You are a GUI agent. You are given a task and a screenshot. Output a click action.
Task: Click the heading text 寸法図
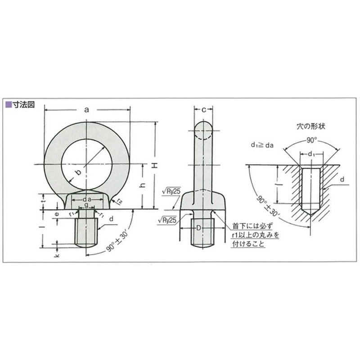click(x=23, y=104)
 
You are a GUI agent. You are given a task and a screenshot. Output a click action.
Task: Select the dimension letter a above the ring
click(x=87, y=109)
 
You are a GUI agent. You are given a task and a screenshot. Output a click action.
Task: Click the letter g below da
click(x=86, y=205)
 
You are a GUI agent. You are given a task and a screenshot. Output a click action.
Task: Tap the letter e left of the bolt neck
click(x=57, y=215)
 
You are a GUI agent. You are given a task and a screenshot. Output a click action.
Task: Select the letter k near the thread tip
click(x=57, y=255)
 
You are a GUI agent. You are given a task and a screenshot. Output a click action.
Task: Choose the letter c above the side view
click(x=203, y=110)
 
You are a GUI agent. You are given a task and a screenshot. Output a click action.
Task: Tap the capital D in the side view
click(x=198, y=228)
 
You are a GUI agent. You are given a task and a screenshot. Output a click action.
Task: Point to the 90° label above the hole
click(x=312, y=140)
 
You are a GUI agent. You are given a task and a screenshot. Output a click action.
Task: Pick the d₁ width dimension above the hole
click(x=311, y=154)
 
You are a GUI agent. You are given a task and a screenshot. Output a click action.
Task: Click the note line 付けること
click(x=248, y=244)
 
